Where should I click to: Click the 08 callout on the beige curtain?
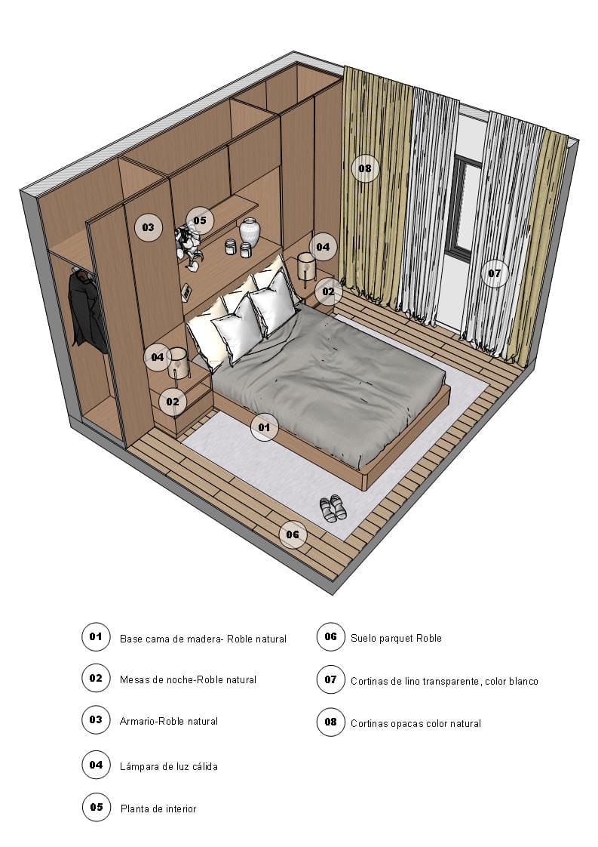[365, 168]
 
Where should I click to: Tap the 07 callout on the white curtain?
[494, 273]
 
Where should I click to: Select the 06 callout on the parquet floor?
[293, 534]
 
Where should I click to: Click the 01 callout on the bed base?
[264, 427]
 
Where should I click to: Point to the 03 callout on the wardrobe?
[148, 226]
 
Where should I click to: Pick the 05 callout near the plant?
[200, 220]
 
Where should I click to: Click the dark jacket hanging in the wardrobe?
[87, 310]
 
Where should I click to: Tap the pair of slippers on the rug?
[333, 508]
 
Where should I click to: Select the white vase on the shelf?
[250, 233]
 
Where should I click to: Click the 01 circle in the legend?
[96, 636]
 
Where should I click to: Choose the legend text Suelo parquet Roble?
[396, 638]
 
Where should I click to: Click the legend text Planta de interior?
[158, 808]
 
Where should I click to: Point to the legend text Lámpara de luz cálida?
[169, 766]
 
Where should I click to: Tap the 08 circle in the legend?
[330, 722]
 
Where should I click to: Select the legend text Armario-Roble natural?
[169, 721]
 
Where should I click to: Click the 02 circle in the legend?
[96, 678]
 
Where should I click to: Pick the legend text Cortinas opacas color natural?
[416, 723]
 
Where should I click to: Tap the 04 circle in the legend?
[96, 765]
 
